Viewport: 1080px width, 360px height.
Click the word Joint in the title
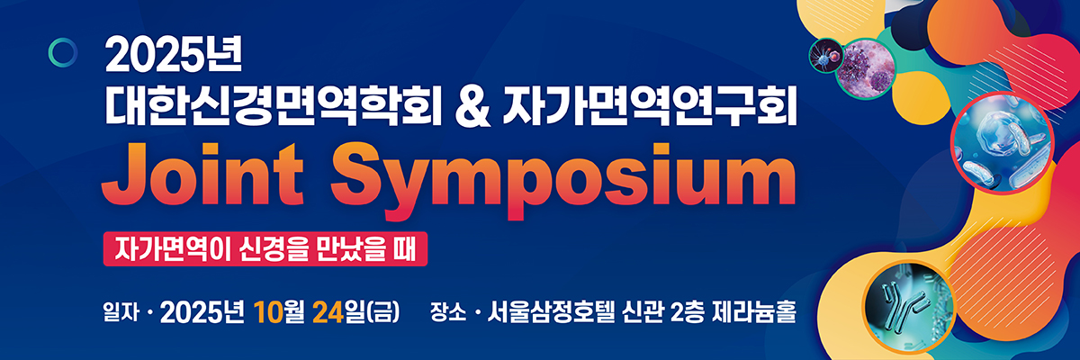(202, 175)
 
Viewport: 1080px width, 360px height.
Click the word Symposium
(562, 180)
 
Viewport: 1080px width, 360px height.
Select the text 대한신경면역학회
(273, 108)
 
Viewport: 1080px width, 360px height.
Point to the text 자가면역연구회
(649, 108)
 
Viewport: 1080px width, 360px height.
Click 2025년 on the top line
(173, 56)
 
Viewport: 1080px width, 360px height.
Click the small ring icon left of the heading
(63, 52)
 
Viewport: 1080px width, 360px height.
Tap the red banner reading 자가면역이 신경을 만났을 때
(265, 248)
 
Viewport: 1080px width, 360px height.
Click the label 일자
(121, 312)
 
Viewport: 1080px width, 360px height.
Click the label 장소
(448, 312)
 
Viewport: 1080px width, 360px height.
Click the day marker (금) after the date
(383, 312)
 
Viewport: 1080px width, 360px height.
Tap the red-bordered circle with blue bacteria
(1003, 143)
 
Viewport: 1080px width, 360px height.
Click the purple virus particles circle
(866, 69)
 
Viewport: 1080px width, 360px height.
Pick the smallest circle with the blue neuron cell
(826, 56)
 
